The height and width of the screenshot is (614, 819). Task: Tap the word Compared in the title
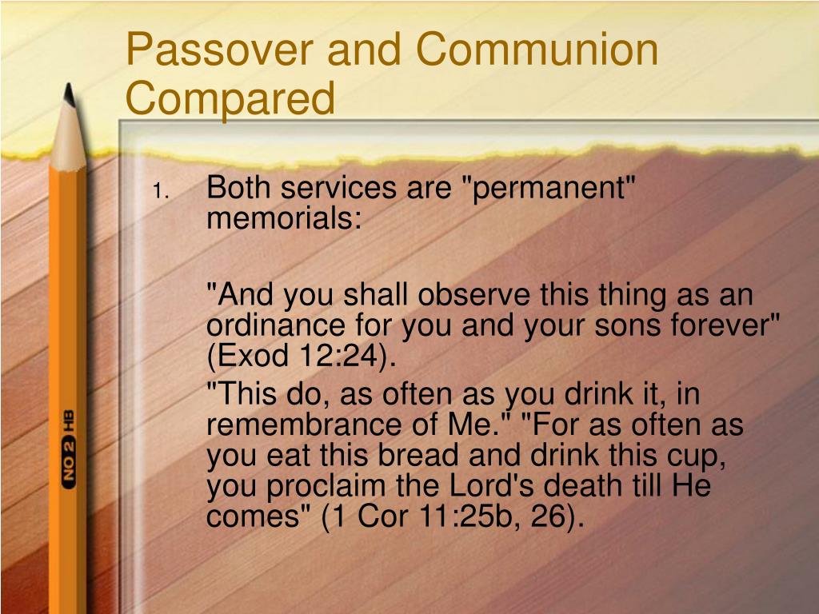pos(230,98)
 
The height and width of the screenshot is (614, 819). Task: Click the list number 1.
pos(159,191)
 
